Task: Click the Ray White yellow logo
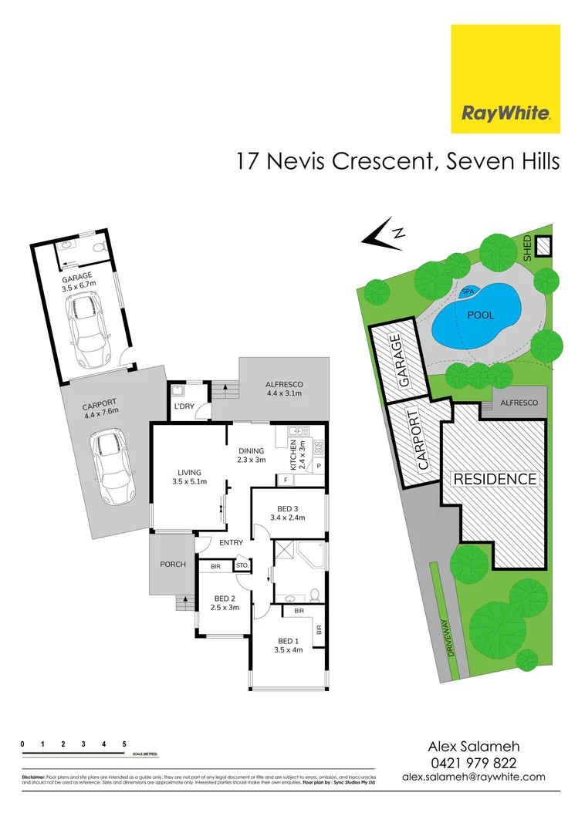coord(506,79)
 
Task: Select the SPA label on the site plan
coord(467,292)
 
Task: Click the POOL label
coord(480,315)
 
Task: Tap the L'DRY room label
coord(183,406)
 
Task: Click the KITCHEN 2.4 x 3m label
coord(298,456)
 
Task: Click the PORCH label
coord(173,564)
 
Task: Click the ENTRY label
coord(231,543)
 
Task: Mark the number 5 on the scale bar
coord(124,744)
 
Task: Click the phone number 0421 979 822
coord(472,762)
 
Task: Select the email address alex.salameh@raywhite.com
coord(473,777)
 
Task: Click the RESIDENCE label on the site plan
coord(494,479)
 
